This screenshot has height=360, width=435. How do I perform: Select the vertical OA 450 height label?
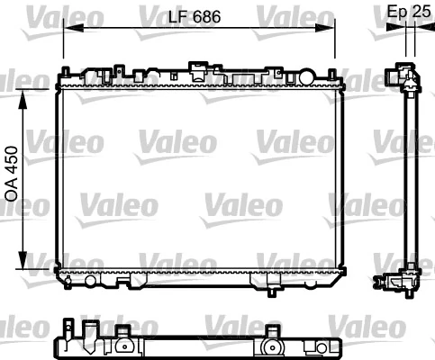tap(12, 175)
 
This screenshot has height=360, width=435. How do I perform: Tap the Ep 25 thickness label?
tap(406, 12)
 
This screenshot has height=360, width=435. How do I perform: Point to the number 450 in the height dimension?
tap(12, 162)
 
